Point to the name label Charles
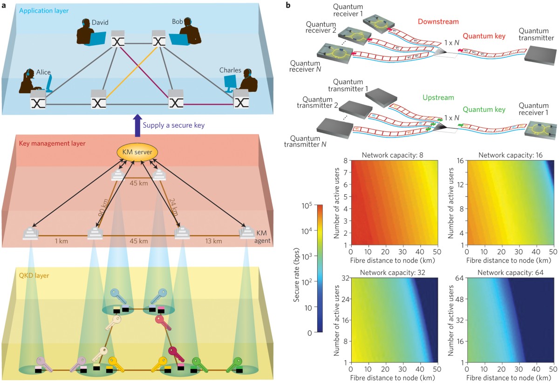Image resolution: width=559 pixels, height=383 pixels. coord(231,70)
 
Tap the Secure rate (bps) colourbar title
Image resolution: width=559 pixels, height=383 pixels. coord(297,268)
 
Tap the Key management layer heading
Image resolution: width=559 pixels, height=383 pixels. coord(53,143)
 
